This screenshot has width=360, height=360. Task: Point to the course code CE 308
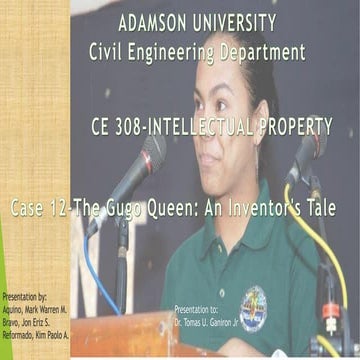[x=117, y=126]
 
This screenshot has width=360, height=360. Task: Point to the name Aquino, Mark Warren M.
[x=36, y=313]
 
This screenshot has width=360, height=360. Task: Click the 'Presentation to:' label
[x=200, y=310]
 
